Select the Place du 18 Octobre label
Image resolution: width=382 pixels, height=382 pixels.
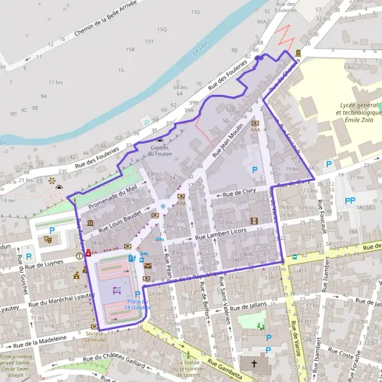pos(138,304)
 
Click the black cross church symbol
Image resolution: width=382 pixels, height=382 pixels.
pos(255,364)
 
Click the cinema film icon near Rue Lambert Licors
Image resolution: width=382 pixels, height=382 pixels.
pos(255,221)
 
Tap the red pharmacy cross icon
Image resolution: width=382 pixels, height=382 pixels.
pos(88,252)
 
